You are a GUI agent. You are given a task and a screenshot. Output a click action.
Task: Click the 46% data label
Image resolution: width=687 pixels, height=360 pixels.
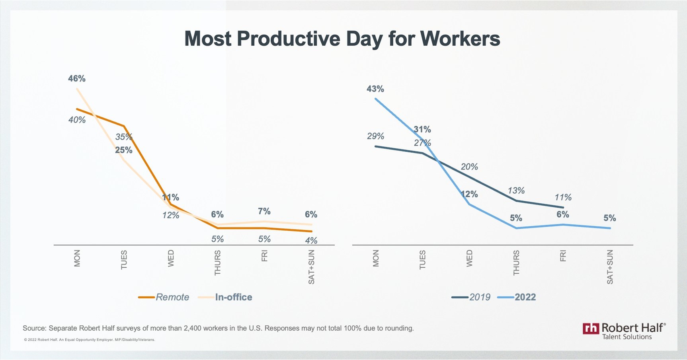[77, 78]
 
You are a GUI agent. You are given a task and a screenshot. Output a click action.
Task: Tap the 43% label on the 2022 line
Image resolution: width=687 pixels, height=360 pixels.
[375, 89]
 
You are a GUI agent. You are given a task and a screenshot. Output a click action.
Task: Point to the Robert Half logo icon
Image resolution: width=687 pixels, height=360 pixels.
[591, 328]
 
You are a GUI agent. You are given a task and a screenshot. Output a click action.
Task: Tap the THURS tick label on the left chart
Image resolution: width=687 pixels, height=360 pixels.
[218, 263]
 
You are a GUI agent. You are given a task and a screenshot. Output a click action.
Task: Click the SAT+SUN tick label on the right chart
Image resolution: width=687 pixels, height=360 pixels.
[610, 267]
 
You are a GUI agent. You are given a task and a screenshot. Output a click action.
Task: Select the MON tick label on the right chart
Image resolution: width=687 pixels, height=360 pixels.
[376, 258]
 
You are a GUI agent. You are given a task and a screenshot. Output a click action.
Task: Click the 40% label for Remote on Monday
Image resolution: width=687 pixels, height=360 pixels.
[77, 120]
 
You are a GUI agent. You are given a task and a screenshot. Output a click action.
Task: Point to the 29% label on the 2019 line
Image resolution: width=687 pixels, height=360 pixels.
[375, 136]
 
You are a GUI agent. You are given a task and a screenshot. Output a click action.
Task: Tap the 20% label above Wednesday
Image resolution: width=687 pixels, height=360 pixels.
[469, 167]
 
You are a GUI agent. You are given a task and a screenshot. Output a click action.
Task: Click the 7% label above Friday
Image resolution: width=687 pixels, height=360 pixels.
[264, 211]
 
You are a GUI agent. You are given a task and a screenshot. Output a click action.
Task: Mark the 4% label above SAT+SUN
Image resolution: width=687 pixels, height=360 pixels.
[311, 240]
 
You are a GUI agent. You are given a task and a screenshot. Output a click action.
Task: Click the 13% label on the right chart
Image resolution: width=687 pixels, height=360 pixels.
[516, 191]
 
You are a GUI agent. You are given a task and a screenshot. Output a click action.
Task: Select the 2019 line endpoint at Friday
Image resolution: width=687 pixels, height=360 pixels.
[563, 207]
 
